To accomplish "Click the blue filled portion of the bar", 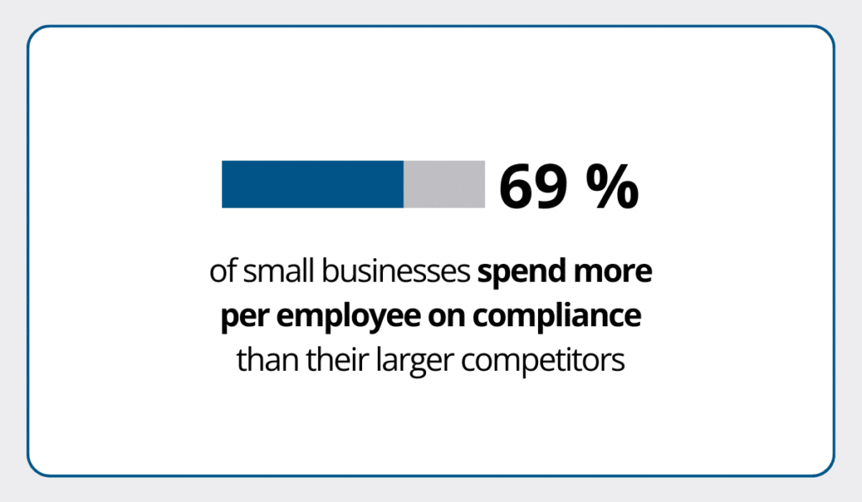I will click(312, 184).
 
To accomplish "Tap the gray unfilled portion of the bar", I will click(444, 184).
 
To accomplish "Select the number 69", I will click(533, 186).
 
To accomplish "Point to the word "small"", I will click(269, 273).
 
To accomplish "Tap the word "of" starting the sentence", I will click(221, 273).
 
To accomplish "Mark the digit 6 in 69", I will click(516, 186).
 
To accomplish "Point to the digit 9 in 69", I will click(551, 186).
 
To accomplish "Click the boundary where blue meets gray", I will click(404, 184).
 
